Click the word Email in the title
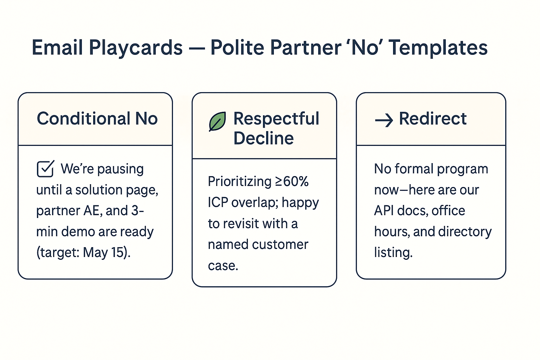pos(57,47)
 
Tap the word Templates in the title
pos(438,47)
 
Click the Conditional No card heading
pos(97,118)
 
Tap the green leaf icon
pos(217,122)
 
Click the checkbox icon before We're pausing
pos(45,169)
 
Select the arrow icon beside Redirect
pos(384,121)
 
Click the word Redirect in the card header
pos(432,118)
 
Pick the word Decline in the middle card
pos(263,138)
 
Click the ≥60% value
pos(291,181)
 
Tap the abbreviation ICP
pos(218,202)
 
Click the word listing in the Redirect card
pos(393,252)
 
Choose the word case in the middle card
pos(223,265)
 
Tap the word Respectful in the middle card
pos(276,118)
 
